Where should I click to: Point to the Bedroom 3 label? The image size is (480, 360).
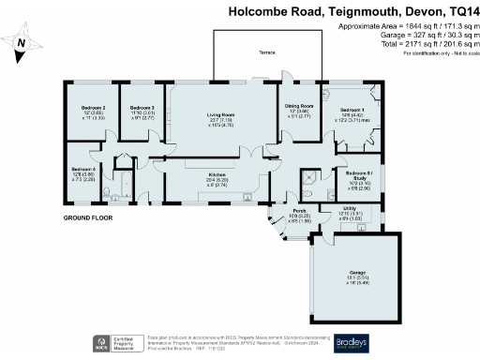pyautogui.click(x=142, y=108)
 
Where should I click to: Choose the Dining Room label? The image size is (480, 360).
pyautogui.click(x=299, y=107)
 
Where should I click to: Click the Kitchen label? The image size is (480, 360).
pyautogui.click(x=217, y=174)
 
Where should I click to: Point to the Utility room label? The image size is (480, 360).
pyautogui.click(x=349, y=209)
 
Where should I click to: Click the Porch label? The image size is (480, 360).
pyautogui.click(x=300, y=212)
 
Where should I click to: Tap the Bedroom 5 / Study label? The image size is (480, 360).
pyautogui.click(x=359, y=174)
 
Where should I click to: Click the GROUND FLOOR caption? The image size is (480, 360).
pyautogui.click(x=88, y=217)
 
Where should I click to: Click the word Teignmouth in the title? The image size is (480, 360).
pyautogui.click(x=356, y=12)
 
